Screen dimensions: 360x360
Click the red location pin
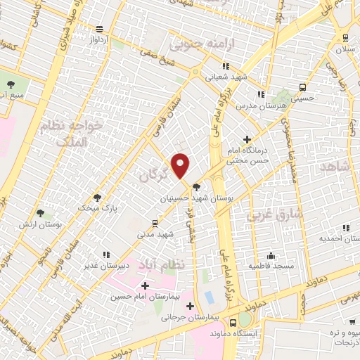pos(181,165)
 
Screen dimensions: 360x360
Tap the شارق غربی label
pos(275,213)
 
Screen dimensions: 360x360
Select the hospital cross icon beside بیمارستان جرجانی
pos(190,305)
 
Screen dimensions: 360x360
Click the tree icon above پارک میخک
pos(98,198)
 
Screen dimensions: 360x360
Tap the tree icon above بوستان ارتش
pos(40,212)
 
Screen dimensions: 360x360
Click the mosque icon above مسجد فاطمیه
pos(271,255)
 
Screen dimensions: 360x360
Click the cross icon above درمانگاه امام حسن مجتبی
pos(246,139)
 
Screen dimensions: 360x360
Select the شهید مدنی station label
pos(155,233)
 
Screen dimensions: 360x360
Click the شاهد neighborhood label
pos(335,166)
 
